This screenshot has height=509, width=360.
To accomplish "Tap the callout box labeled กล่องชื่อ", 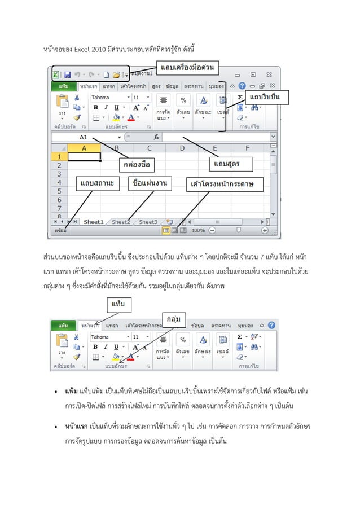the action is click(x=137, y=164).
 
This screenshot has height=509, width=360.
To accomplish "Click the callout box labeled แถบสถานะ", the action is click(x=96, y=183).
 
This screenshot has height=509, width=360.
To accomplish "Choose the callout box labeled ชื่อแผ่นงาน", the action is click(x=150, y=183).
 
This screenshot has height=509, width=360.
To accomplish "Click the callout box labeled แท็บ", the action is click(x=119, y=305).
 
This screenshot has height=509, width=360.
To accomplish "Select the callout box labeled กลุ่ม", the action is click(x=173, y=319).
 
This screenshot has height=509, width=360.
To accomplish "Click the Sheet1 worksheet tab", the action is click(x=94, y=222).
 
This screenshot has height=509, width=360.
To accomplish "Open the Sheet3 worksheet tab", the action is click(x=148, y=222).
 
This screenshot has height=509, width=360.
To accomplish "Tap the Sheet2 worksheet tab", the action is click(x=120, y=222).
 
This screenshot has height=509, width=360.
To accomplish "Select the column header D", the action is click(x=182, y=148).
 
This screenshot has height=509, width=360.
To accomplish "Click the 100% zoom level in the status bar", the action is click(x=198, y=230).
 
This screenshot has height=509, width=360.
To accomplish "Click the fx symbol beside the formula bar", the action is click(x=156, y=137).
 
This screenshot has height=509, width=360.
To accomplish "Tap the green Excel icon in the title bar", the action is click(x=56, y=74).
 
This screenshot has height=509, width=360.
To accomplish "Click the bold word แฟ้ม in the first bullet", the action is click(x=72, y=390).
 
